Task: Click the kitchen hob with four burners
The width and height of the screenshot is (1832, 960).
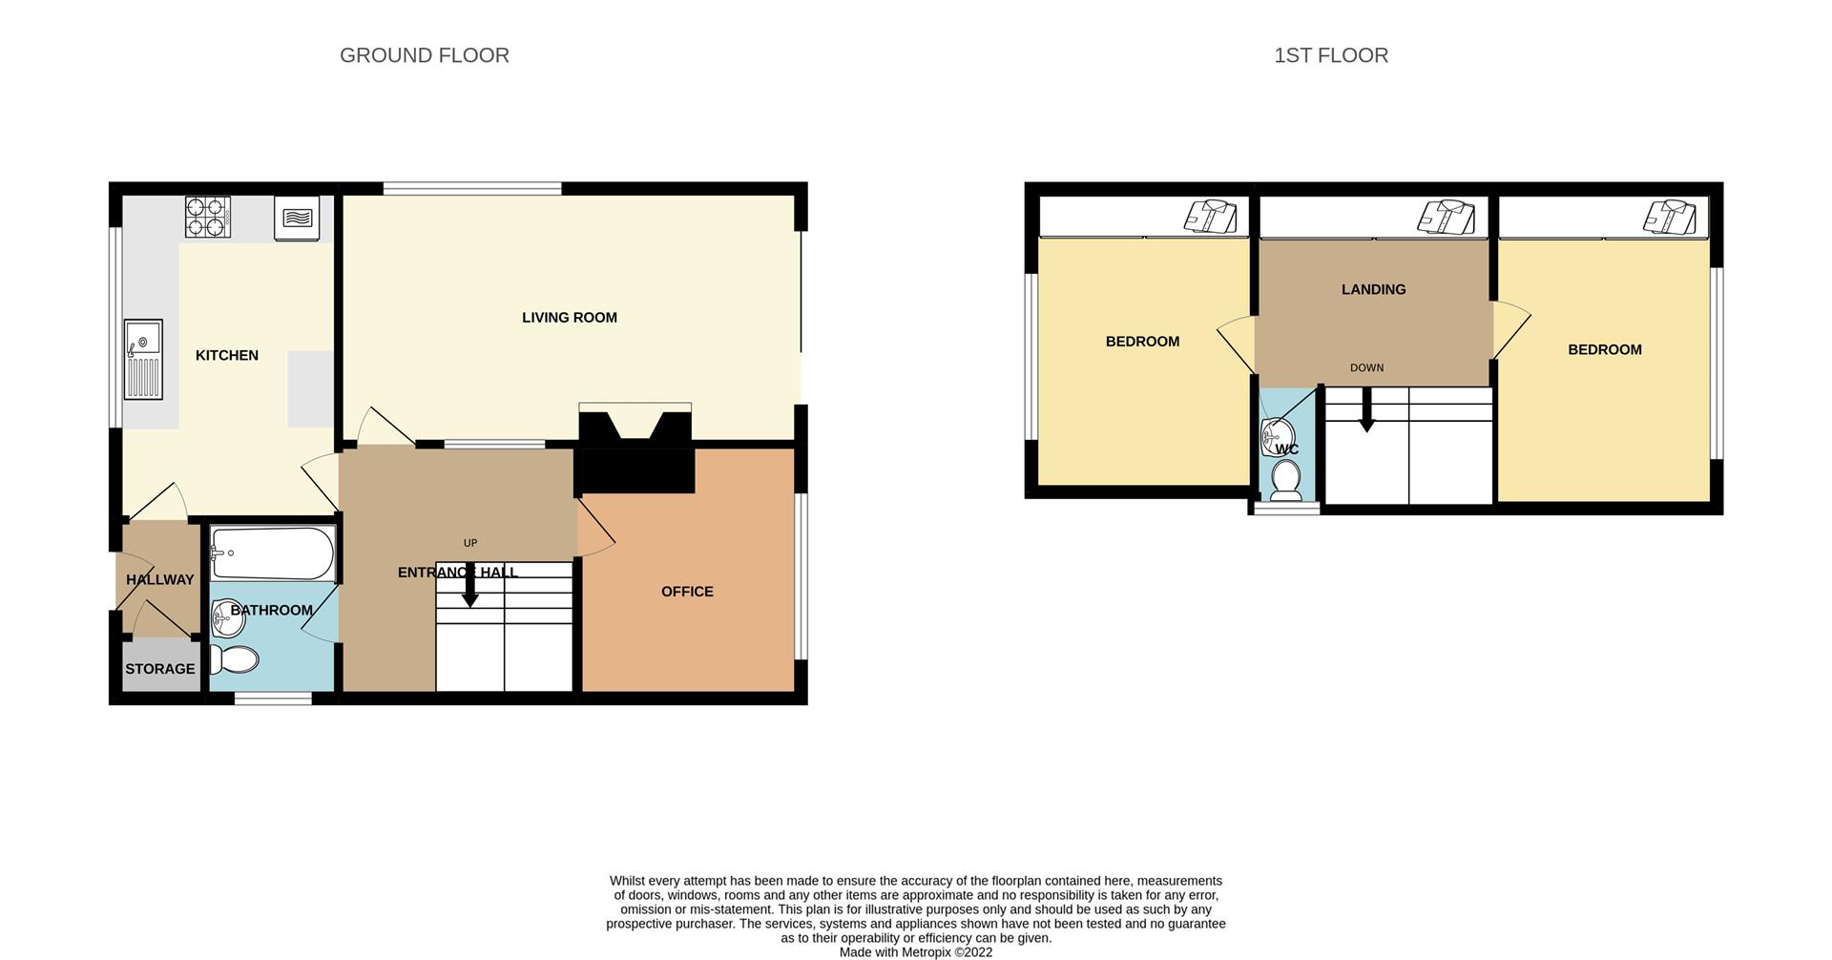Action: tap(208, 217)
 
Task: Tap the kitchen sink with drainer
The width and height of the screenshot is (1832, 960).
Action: tap(143, 359)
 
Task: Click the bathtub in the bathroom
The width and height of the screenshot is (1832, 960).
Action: tap(272, 553)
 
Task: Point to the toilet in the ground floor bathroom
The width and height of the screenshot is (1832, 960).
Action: tap(235, 659)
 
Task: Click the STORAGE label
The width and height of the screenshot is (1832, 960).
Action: tap(160, 669)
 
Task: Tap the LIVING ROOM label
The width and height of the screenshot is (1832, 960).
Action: tap(570, 318)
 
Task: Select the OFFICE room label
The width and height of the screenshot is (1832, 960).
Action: tap(687, 592)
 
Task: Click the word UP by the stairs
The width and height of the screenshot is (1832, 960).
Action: tap(470, 543)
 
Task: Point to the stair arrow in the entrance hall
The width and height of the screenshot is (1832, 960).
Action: tap(469, 584)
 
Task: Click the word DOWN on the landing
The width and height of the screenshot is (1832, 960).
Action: tap(1366, 367)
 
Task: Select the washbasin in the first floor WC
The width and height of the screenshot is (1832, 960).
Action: tap(1278, 437)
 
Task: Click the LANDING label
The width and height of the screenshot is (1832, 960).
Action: tap(1373, 289)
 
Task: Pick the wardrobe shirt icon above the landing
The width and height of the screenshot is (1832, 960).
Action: tap(1447, 217)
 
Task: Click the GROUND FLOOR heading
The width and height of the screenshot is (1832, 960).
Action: tap(425, 55)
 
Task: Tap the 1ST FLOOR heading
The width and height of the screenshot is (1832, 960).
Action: tap(1331, 55)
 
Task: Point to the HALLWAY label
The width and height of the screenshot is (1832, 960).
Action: tap(160, 579)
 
